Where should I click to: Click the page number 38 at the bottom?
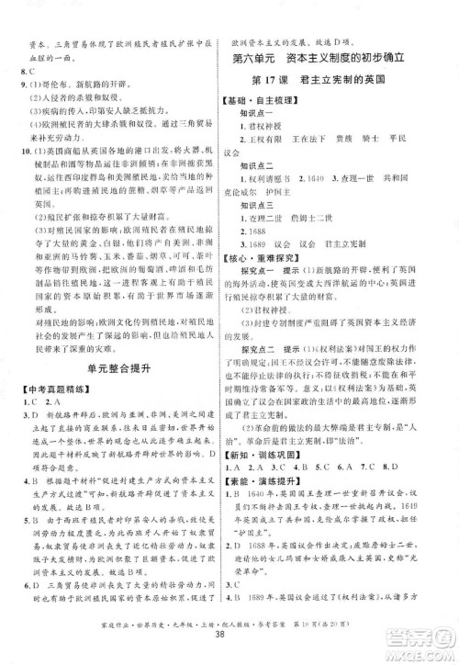[x=229, y=635]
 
